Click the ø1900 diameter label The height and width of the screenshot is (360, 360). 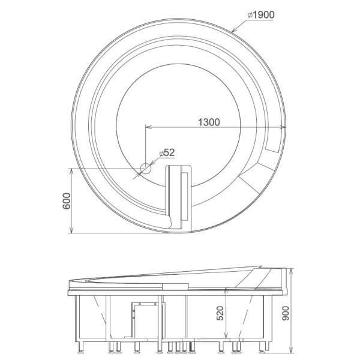tap(261, 15)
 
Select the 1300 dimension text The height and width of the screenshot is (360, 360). tap(209, 122)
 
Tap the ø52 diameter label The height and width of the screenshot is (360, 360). tap(167, 152)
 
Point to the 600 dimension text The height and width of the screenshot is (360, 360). tap(67, 201)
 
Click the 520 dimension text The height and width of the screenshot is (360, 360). tap(220, 313)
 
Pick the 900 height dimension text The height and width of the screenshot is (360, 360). tap(286, 313)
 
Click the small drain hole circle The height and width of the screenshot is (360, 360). tap(146, 169)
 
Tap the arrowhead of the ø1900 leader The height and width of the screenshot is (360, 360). tap(234, 30)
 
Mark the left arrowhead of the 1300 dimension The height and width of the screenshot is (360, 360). tap(149, 127)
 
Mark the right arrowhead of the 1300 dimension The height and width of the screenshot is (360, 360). tap(283, 127)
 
